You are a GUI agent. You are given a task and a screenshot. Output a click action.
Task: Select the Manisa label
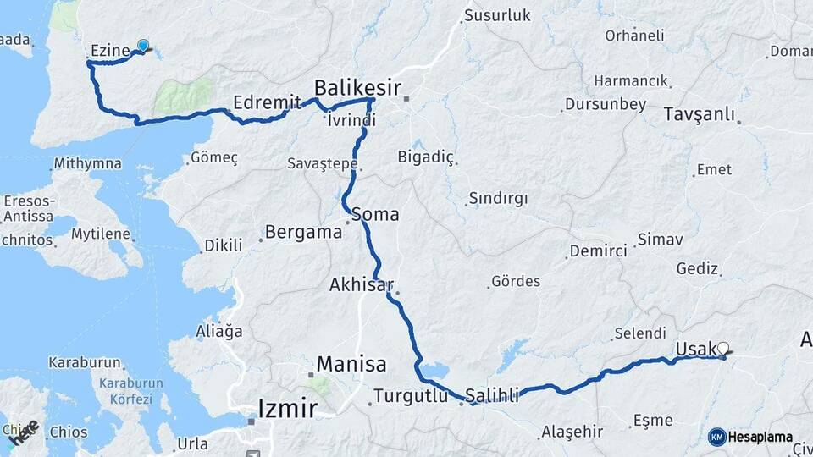point(351,365)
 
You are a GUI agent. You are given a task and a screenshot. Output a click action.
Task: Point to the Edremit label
point(268,102)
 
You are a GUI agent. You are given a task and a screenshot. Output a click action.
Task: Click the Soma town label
point(375,214)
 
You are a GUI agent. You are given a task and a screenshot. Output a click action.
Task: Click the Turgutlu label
point(410,395)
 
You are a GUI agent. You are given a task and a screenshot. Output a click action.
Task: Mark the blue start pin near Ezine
point(143,46)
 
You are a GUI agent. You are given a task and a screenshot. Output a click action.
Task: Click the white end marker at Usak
point(722,348)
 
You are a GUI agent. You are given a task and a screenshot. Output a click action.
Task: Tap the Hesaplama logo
point(751,437)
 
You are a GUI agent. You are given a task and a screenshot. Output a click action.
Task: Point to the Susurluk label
point(497,15)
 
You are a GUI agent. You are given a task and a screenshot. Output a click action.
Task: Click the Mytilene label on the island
point(101,234)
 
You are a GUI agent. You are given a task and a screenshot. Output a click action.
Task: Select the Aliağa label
point(218,330)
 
